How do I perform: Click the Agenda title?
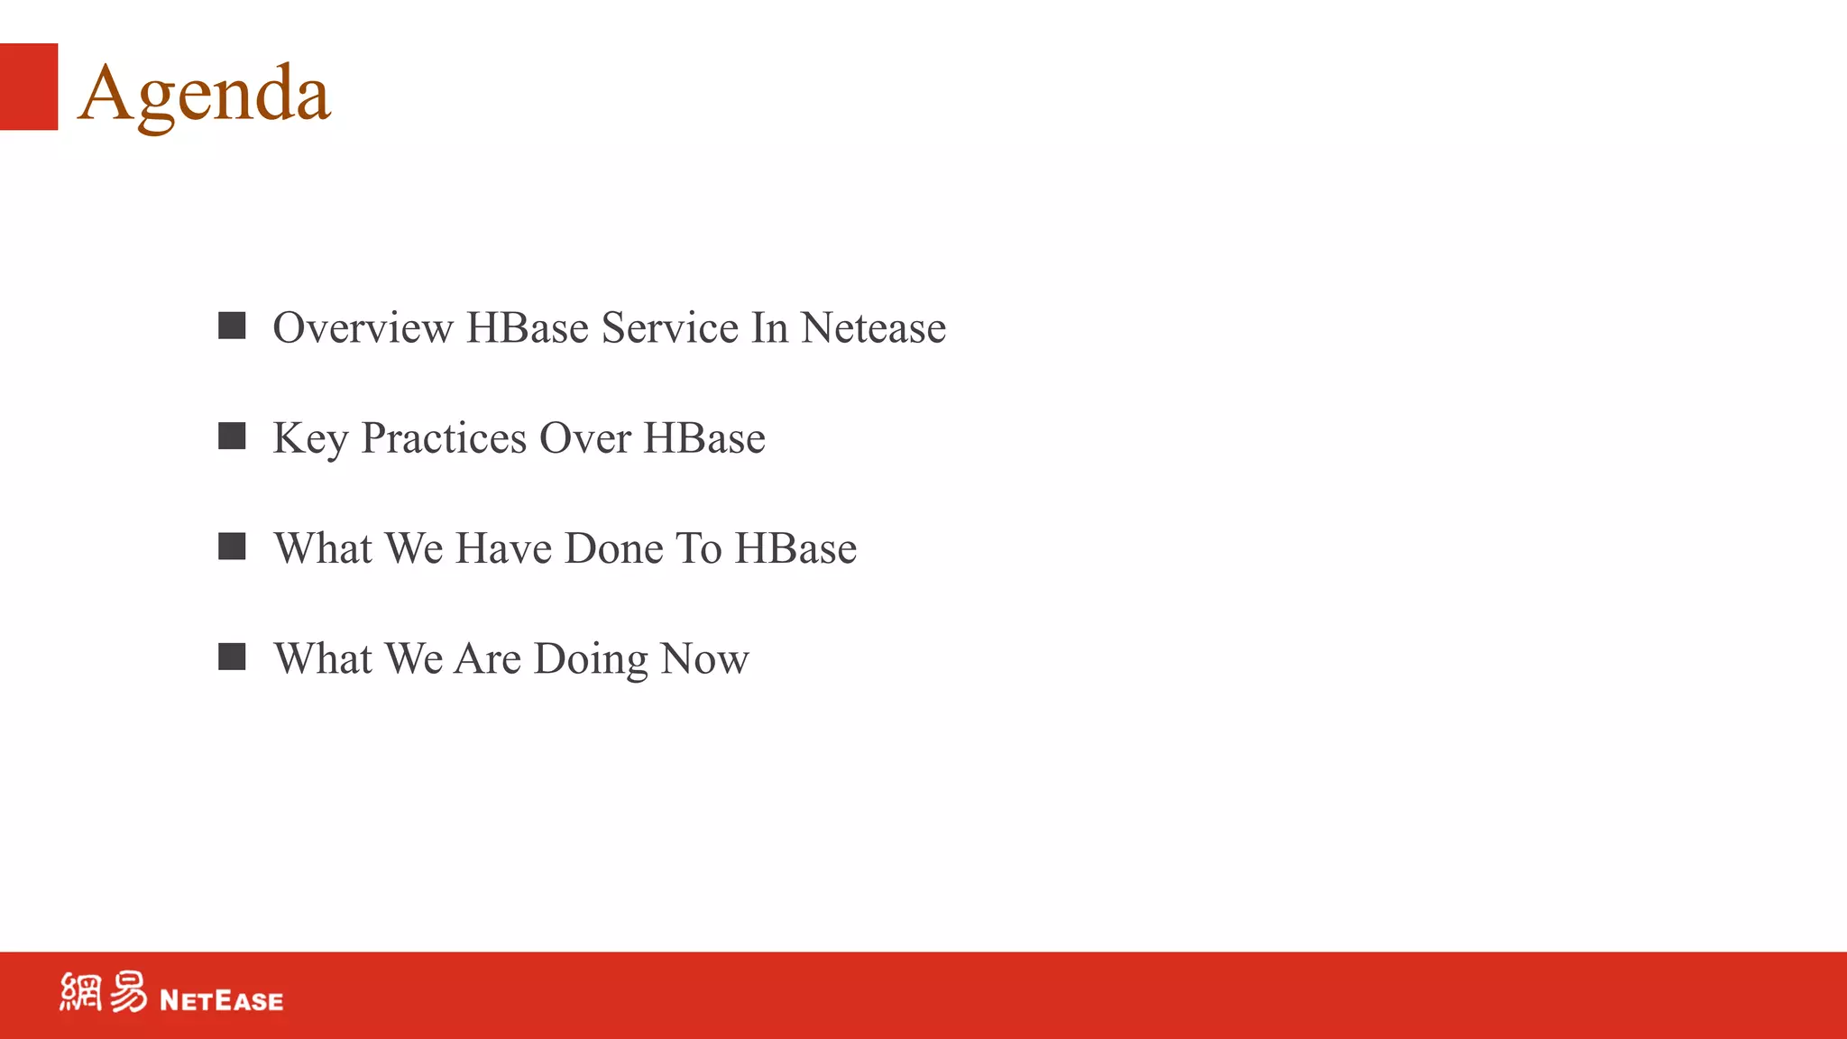205,93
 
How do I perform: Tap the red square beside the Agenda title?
29,87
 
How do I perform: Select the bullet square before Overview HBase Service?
232,326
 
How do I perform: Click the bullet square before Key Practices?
232,437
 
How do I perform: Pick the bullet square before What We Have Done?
232,547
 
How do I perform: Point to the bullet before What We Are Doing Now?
232,657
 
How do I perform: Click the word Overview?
363,327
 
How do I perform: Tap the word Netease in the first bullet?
873,327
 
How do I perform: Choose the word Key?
310,439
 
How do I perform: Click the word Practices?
444,438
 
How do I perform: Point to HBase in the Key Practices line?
704,438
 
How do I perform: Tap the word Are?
488,658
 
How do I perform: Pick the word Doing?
591,660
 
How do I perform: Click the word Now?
704,658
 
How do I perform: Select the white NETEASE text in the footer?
221,1000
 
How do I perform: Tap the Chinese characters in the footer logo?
103,992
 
